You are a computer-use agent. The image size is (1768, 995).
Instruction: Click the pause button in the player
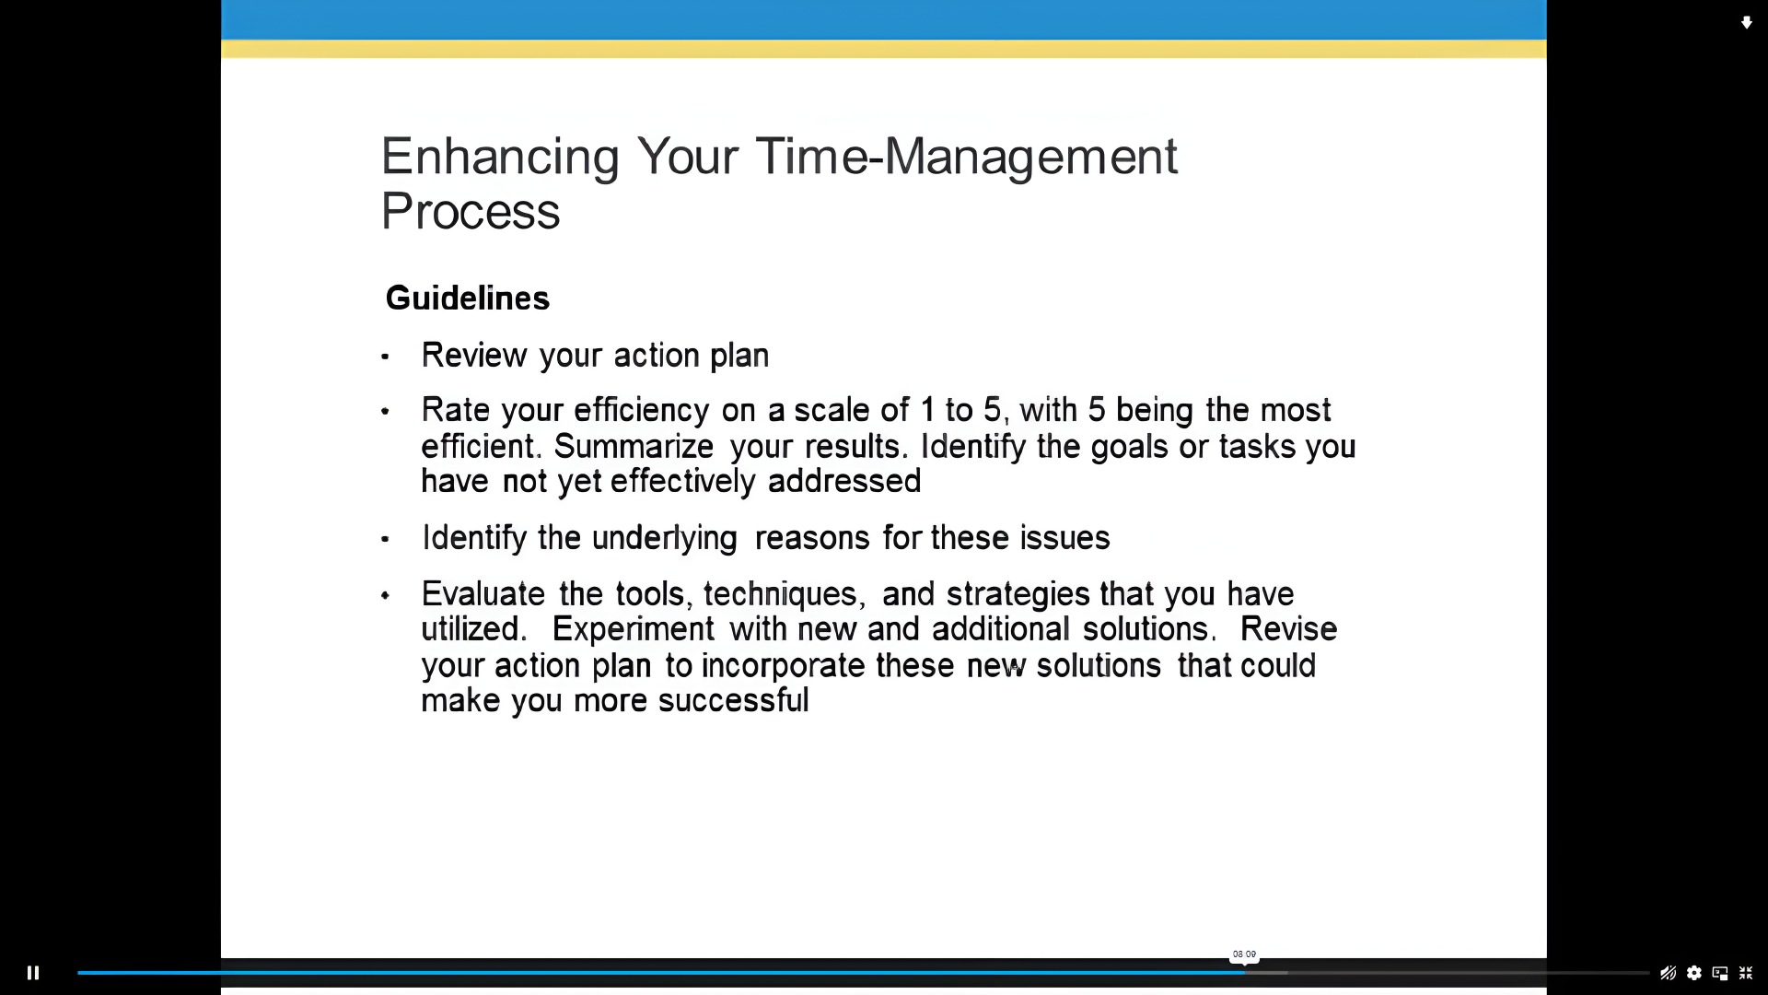pyautogui.click(x=33, y=973)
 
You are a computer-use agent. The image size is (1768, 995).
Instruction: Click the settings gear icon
pyautogui.click(x=1694, y=973)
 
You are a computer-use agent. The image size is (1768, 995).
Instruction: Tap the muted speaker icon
pyautogui.click(x=1668, y=973)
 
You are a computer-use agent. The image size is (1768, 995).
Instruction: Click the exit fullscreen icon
pyautogui.click(x=1746, y=973)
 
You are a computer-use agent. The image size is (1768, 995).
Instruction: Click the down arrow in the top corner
pyautogui.click(x=1746, y=23)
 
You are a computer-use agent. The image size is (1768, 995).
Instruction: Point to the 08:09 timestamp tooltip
pyautogui.click(x=1244, y=954)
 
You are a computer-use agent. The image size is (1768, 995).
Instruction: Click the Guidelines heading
pyautogui.click(x=468, y=298)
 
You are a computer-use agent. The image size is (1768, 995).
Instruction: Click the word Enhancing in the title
pyautogui.click(x=500, y=157)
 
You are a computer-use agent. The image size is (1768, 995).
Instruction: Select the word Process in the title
pyautogui.click(x=471, y=212)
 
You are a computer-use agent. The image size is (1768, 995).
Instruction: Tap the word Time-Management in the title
pyautogui.click(x=967, y=157)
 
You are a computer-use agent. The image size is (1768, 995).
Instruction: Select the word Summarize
pyautogui.click(x=634, y=447)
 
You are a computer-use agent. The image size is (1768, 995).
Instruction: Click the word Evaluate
pyautogui.click(x=483, y=594)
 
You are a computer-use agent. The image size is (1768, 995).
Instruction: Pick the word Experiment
pyautogui.click(x=633, y=629)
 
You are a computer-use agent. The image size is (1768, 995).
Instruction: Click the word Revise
pyautogui.click(x=1288, y=629)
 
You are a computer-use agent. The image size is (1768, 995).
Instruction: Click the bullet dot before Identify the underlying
pyautogui.click(x=385, y=539)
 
